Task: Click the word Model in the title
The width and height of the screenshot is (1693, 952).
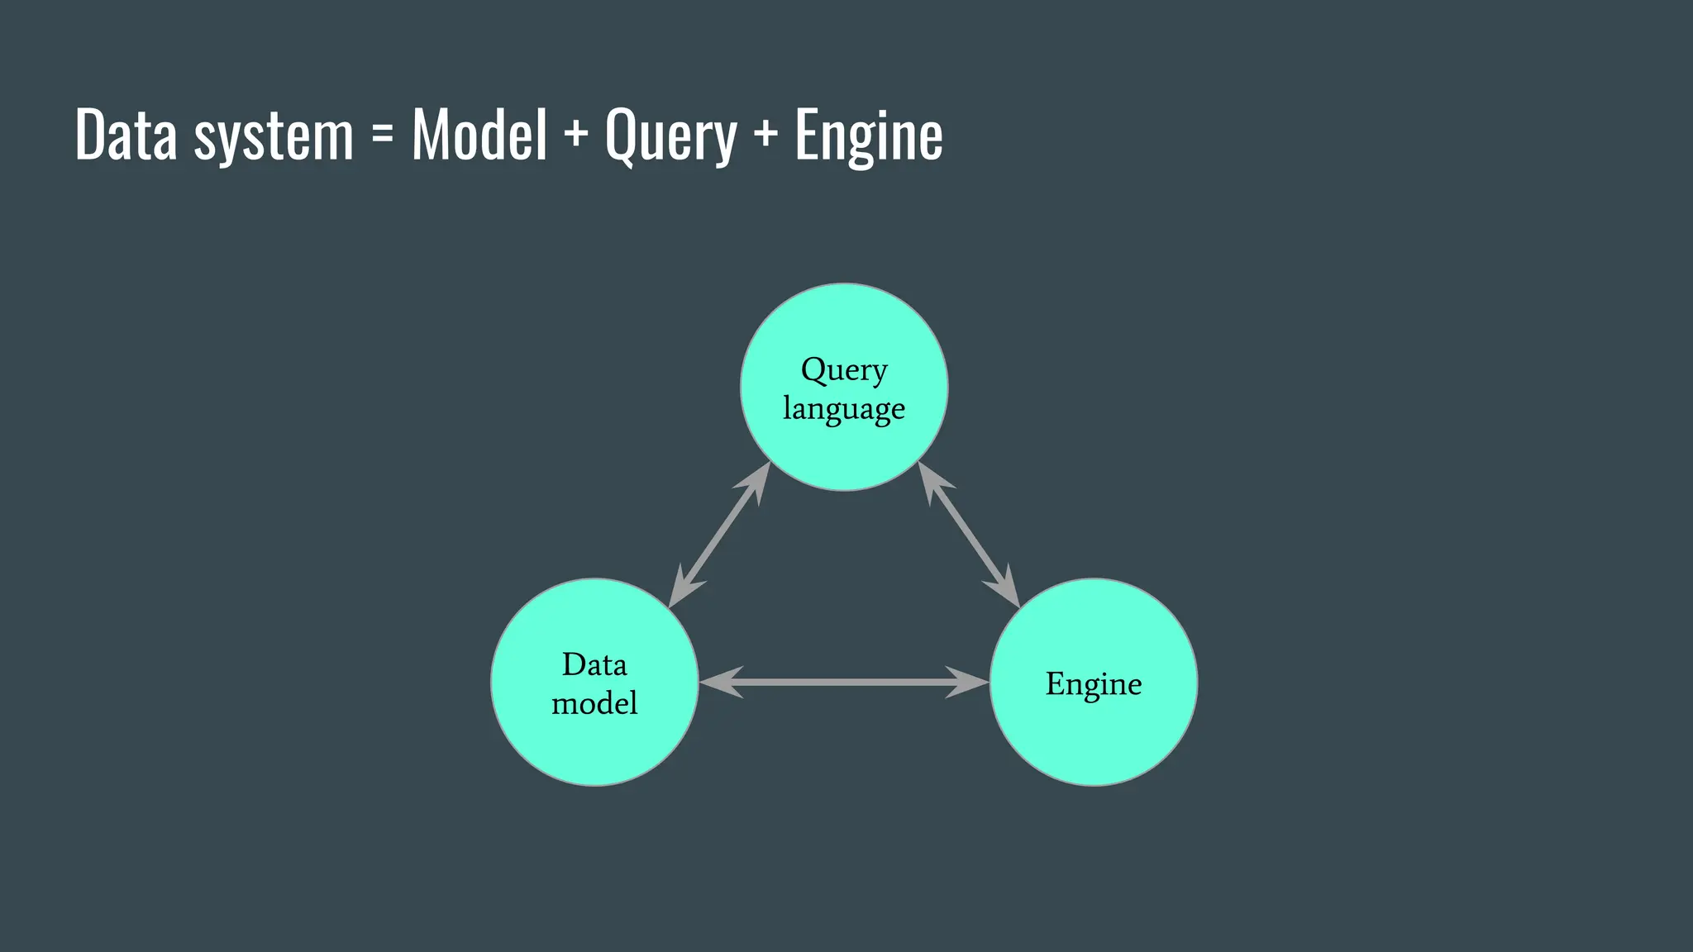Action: click(479, 135)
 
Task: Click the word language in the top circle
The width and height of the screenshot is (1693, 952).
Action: click(844, 409)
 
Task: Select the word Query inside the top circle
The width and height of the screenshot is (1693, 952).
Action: click(844, 370)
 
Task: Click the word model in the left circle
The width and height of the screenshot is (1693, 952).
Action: click(594, 703)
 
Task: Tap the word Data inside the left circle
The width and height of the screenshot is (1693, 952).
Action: click(594, 664)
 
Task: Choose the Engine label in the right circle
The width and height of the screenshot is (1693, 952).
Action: click(1093, 684)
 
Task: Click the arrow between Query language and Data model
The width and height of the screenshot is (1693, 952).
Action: click(719, 535)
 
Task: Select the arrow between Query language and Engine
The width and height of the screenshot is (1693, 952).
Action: click(969, 535)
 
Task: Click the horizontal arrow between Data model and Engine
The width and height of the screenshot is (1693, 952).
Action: click(844, 682)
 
